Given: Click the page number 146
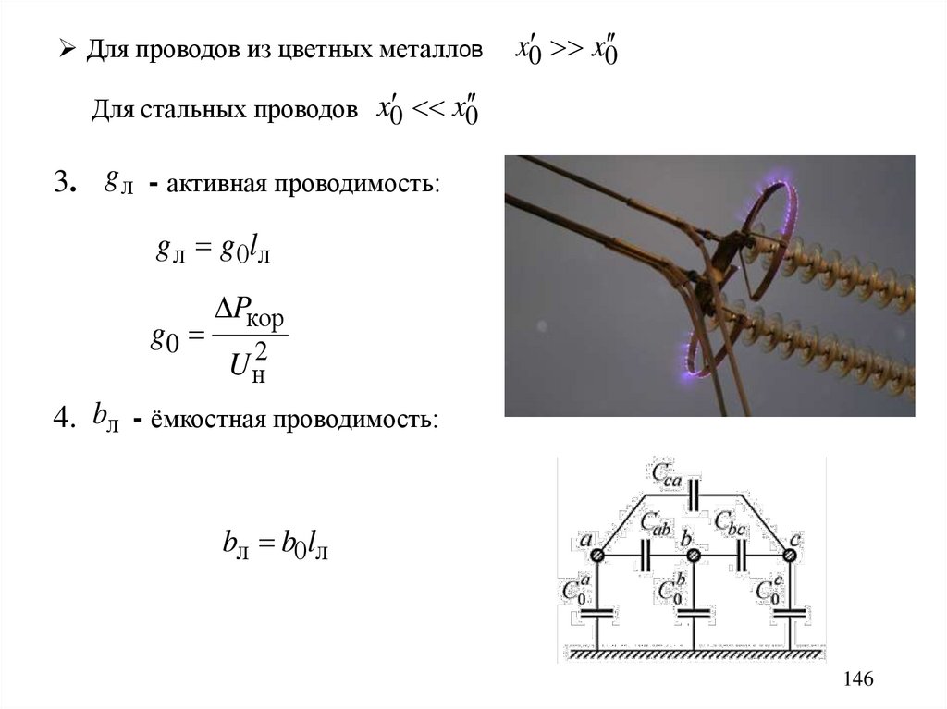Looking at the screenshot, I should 857,679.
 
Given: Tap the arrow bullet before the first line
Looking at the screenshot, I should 67,48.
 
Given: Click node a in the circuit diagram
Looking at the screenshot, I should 597,555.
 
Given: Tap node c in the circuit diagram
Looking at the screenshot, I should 789,555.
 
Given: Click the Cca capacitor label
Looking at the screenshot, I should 668,472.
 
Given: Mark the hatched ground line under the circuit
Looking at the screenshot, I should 693,654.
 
